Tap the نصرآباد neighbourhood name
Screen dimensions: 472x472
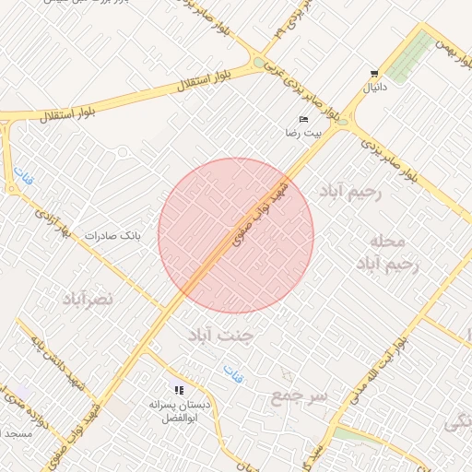click(x=88, y=299)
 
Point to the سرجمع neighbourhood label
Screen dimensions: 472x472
click(x=300, y=396)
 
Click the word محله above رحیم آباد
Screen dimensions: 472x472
click(x=386, y=241)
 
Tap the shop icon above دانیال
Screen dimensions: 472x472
click(x=373, y=74)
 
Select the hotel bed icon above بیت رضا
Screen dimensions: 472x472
click(x=303, y=119)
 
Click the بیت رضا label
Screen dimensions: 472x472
click(x=304, y=134)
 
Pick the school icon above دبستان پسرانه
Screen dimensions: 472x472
click(x=179, y=390)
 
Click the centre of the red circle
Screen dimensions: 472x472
click(x=236, y=235)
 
